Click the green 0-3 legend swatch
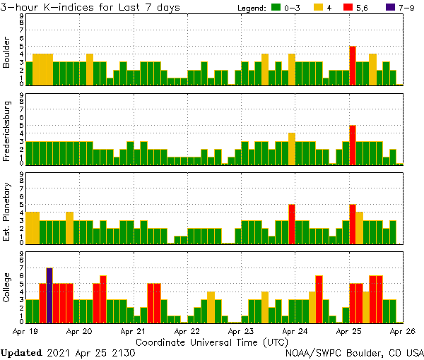277,8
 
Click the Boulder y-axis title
8,52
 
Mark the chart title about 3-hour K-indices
90,7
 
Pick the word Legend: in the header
251,8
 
